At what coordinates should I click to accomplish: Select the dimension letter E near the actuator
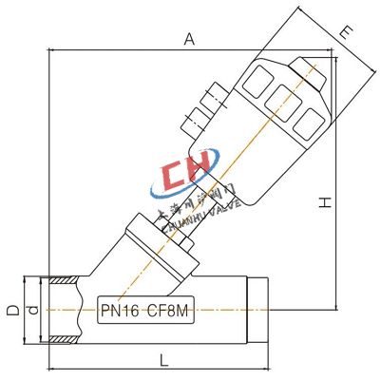(x=347, y=32)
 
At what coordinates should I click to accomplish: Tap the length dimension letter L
(x=163, y=361)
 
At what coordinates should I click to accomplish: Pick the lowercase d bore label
(x=32, y=310)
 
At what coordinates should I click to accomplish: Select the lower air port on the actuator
(x=194, y=121)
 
